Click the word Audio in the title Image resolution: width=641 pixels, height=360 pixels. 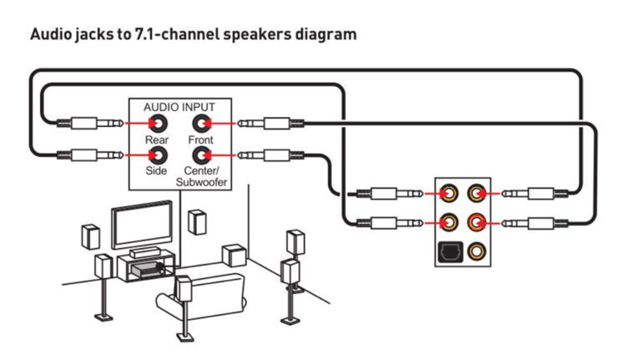(x=49, y=35)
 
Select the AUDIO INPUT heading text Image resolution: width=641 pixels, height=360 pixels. (x=179, y=108)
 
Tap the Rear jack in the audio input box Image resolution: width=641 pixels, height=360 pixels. (x=156, y=124)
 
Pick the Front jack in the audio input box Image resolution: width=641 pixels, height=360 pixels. (x=201, y=124)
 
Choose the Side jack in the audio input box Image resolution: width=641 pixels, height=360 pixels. (x=156, y=155)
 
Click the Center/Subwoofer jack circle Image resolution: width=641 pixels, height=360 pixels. (x=201, y=155)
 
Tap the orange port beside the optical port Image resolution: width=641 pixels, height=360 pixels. (x=477, y=249)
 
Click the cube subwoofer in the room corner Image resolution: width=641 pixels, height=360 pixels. (x=233, y=256)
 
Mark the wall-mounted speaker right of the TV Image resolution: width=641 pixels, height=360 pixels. (x=197, y=222)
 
